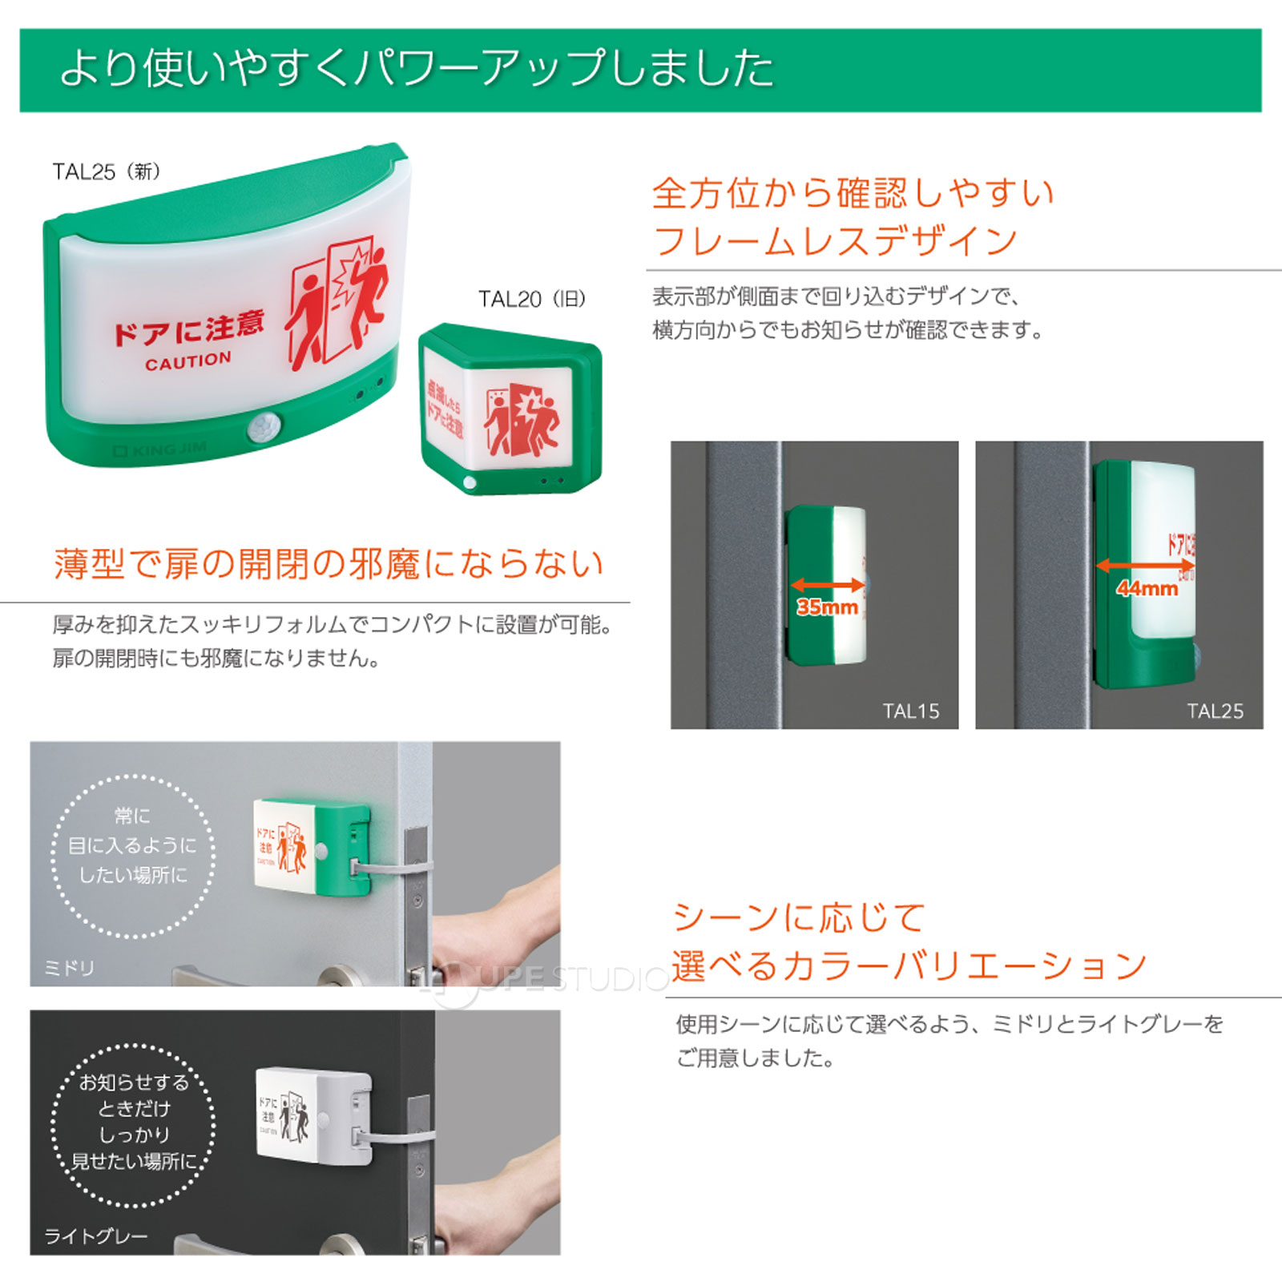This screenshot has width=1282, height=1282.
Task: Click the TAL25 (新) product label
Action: click(x=107, y=171)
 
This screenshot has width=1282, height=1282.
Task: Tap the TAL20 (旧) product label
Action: click(x=532, y=299)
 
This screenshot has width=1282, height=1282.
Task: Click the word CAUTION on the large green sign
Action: click(x=188, y=361)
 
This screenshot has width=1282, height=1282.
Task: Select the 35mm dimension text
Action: click(x=827, y=607)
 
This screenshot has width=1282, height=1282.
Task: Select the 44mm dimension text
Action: click(x=1147, y=589)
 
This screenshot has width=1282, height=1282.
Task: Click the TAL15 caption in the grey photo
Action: click(x=910, y=711)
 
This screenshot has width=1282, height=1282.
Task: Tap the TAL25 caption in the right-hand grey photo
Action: click(x=1215, y=711)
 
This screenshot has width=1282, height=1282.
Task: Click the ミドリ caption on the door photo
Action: click(x=70, y=968)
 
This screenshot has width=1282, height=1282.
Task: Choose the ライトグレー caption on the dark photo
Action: click(x=96, y=1236)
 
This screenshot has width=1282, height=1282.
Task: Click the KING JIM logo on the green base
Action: click(x=160, y=450)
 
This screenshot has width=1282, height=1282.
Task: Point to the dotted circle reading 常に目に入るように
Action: click(x=133, y=855)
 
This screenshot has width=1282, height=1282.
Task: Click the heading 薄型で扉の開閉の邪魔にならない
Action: click(x=329, y=564)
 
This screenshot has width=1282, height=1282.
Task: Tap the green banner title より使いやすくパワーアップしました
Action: click(x=417, y=68)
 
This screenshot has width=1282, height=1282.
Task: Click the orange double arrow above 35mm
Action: click(x=828, y=585)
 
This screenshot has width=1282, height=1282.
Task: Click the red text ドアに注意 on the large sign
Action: click(x=189, y=328)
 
